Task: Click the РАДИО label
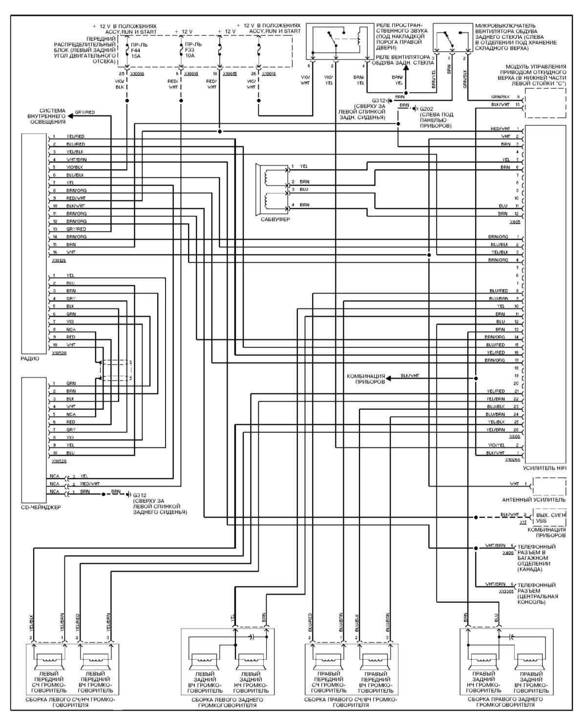coord(30,358)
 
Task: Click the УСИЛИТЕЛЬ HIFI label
coord(544,468)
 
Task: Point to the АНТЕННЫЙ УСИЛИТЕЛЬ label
coord(534,500)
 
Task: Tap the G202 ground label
coord(426,108)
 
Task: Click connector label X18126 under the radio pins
coord(59,260)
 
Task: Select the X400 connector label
coord(507,552)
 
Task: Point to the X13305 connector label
coord(506,591)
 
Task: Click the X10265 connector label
coord(512,460)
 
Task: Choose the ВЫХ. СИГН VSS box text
coord(550,518)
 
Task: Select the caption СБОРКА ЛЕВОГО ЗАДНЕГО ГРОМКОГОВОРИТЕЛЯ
coord(228,702)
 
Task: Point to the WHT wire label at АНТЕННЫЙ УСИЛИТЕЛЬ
coord(514,484)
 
